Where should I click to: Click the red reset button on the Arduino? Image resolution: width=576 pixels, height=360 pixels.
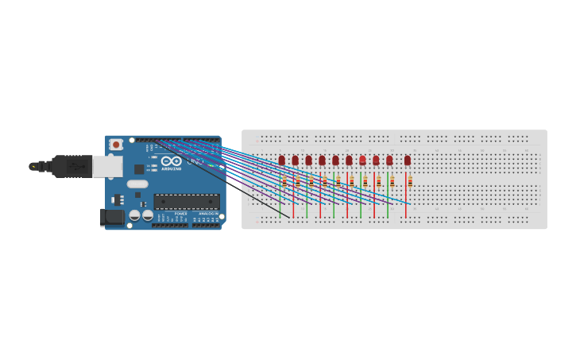point(116,145)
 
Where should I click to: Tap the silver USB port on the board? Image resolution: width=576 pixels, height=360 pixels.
point(107,166)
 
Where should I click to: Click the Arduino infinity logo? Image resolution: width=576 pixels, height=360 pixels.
point(172,161)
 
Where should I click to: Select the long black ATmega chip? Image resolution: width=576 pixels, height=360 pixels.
point(186,202)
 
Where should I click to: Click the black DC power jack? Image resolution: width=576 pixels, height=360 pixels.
point(112,216)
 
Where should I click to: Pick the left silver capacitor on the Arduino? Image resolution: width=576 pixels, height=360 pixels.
point(135,215)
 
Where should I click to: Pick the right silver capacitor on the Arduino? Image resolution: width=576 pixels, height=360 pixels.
point(148,215)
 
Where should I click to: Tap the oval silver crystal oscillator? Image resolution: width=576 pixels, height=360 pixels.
point(137,184)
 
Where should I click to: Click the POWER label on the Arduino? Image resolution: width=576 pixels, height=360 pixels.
point(181,214)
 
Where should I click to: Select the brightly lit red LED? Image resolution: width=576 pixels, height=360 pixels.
point(362,161)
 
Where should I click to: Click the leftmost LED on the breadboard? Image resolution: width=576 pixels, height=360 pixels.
point(281,161)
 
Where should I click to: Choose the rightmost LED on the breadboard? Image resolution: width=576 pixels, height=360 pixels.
point(408,161)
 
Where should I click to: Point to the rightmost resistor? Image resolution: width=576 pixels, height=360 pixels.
point(410,182)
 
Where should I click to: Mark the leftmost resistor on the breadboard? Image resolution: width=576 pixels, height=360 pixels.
point(284,182)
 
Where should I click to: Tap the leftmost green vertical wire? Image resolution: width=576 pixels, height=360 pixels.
point(280,203)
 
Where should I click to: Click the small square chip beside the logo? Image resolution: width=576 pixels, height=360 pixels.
point(139,169)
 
